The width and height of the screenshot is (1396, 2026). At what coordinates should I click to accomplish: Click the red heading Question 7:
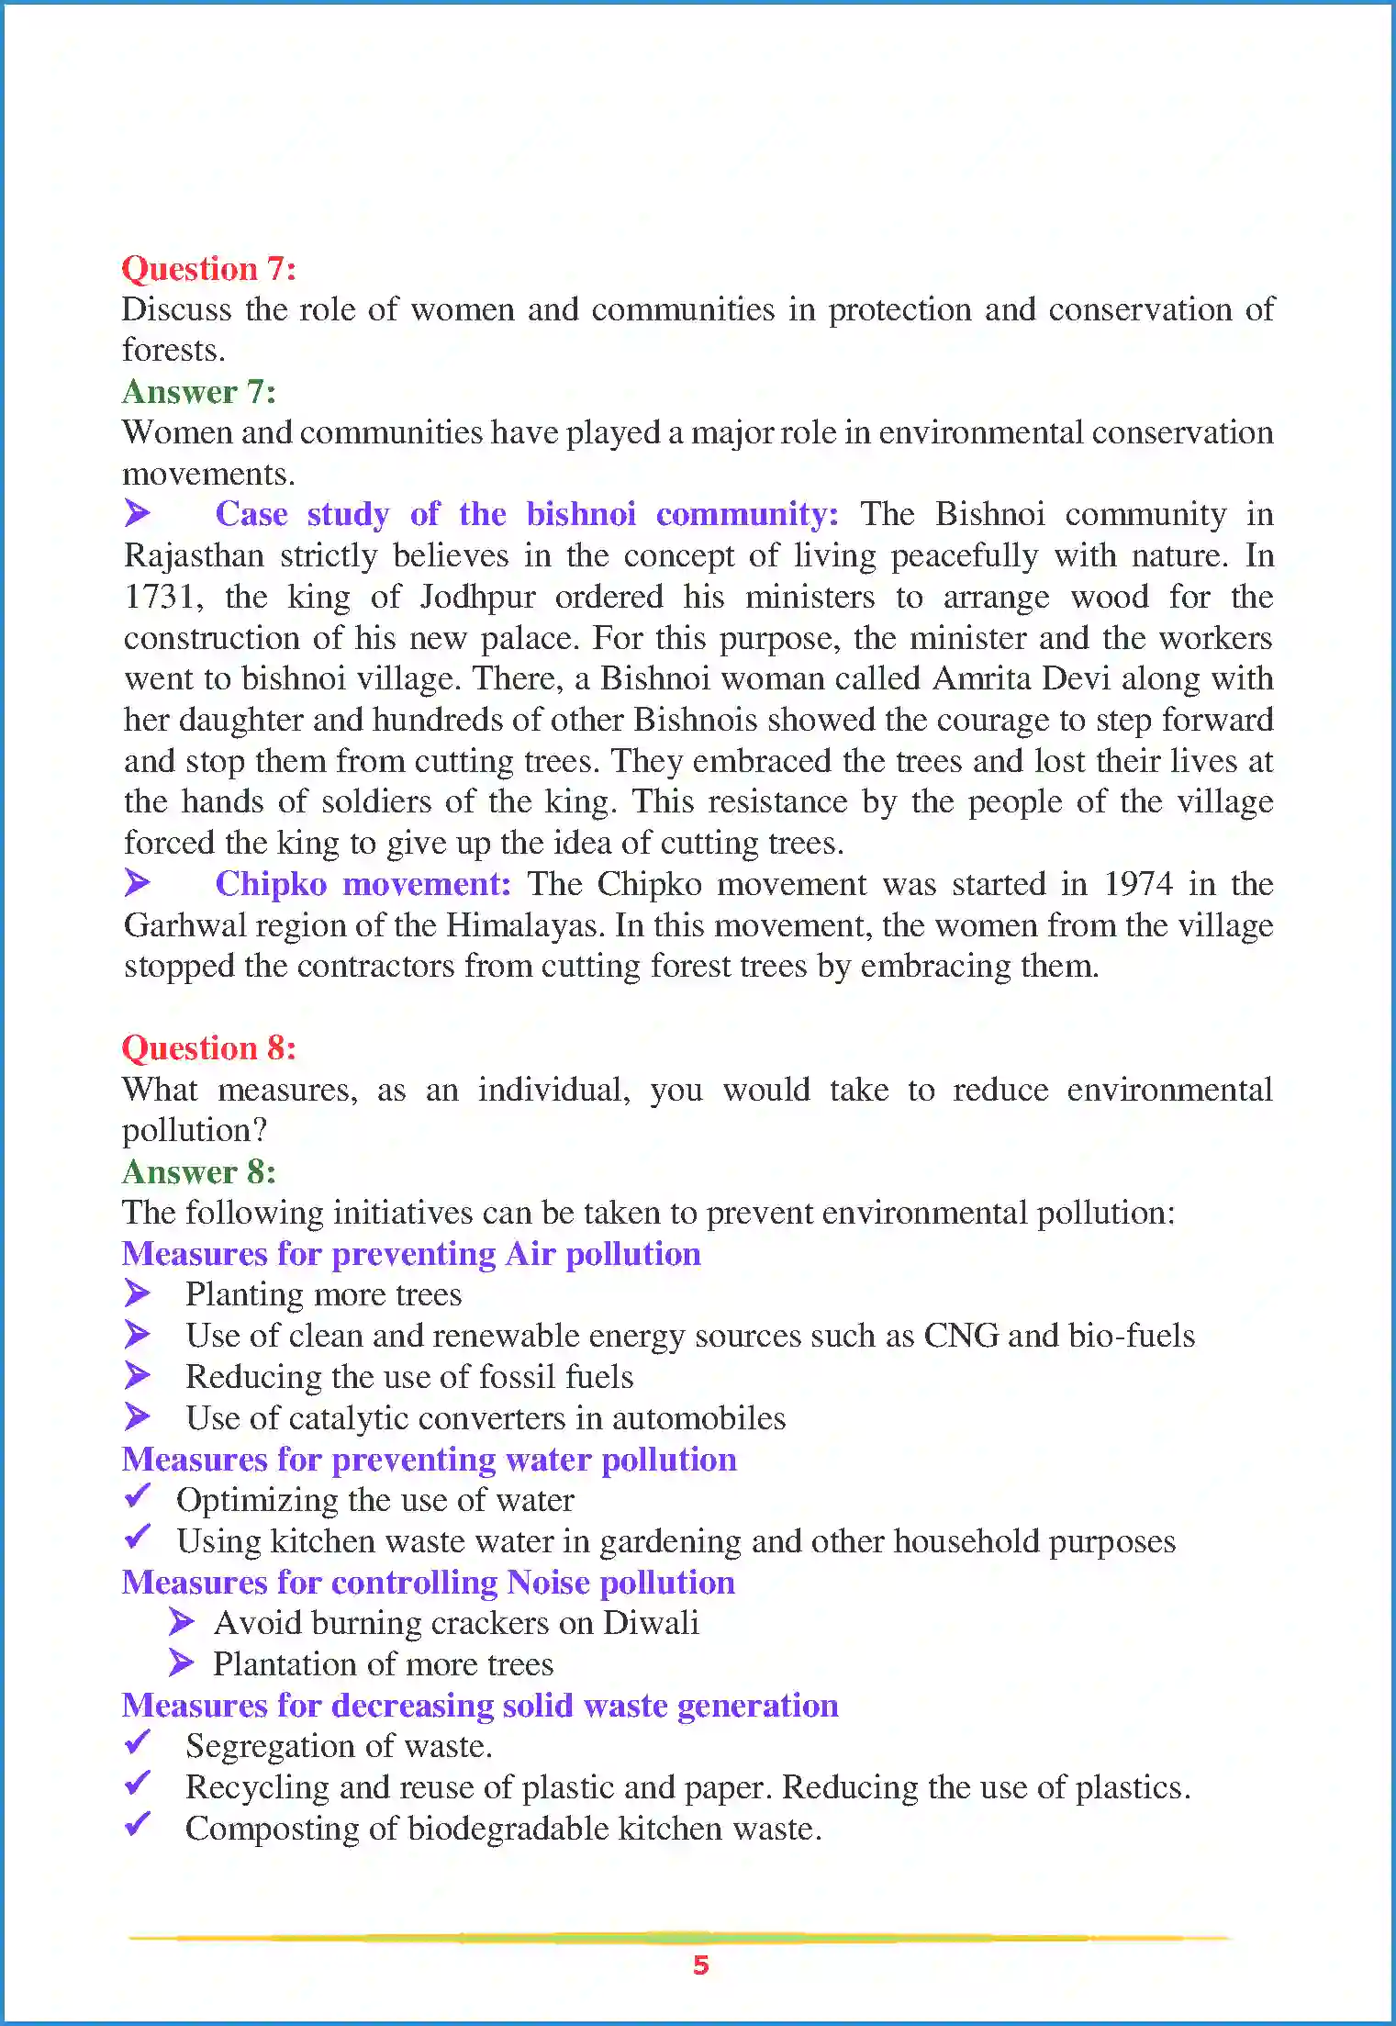point(208,269)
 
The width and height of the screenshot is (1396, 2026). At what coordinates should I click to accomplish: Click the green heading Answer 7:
point(198,392)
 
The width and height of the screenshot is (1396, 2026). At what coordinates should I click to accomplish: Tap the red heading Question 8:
point(208,1048)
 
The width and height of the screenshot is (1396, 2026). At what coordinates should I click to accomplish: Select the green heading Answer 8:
point(198,1172)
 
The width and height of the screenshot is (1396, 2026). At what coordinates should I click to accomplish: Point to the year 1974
point(1137,884)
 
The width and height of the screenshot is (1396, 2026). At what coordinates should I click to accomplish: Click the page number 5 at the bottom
point(700,1964)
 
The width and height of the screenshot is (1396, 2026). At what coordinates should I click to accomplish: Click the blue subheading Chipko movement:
point(363,884)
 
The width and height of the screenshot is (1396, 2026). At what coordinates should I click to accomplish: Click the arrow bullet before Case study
point(138,513)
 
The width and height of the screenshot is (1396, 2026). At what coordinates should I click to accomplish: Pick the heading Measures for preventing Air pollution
point(411,1254)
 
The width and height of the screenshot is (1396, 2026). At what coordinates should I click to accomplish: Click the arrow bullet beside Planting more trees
point(138,1293)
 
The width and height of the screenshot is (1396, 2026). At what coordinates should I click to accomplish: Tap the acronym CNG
point(960,1336)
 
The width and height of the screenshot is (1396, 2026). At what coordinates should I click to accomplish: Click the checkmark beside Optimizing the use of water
point(138,1497)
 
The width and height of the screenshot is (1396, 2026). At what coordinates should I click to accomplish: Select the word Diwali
point(651,1623)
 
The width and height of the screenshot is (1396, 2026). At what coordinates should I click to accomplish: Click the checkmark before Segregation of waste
point(138,1742)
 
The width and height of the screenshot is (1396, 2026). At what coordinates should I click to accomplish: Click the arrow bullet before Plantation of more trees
point(182,1662)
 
